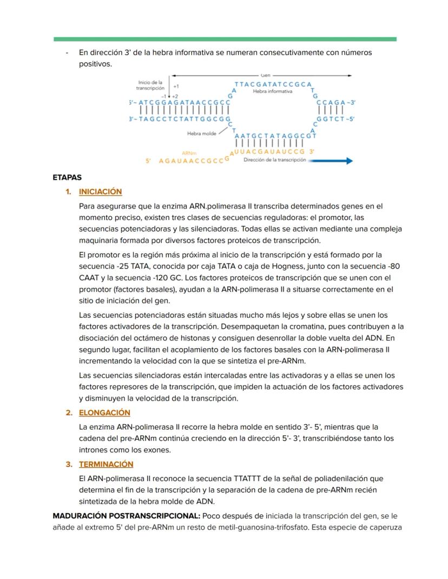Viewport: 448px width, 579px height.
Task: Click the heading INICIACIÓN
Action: (x=100, y=192)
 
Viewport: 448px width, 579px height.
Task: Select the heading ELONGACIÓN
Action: (x=104, y=412)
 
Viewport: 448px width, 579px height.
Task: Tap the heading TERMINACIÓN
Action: (x=106, y=464)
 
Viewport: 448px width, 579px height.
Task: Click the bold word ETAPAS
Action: (x=67, y=177)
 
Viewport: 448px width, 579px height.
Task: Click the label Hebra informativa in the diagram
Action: (x=272, y=91)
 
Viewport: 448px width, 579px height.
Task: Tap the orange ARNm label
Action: (x=189, y=154)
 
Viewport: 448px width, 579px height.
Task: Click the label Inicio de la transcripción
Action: (x=149, y=85)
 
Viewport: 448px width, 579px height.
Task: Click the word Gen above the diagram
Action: (x=265, y=75)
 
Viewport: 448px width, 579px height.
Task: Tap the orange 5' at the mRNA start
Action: (x=148, y=161)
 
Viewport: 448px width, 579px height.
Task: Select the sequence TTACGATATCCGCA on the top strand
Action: (x=273, y=84)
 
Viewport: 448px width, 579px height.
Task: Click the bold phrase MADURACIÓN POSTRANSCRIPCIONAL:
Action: (x=126, y=516)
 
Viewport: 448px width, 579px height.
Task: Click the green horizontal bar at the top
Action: (x=225, y=39)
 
